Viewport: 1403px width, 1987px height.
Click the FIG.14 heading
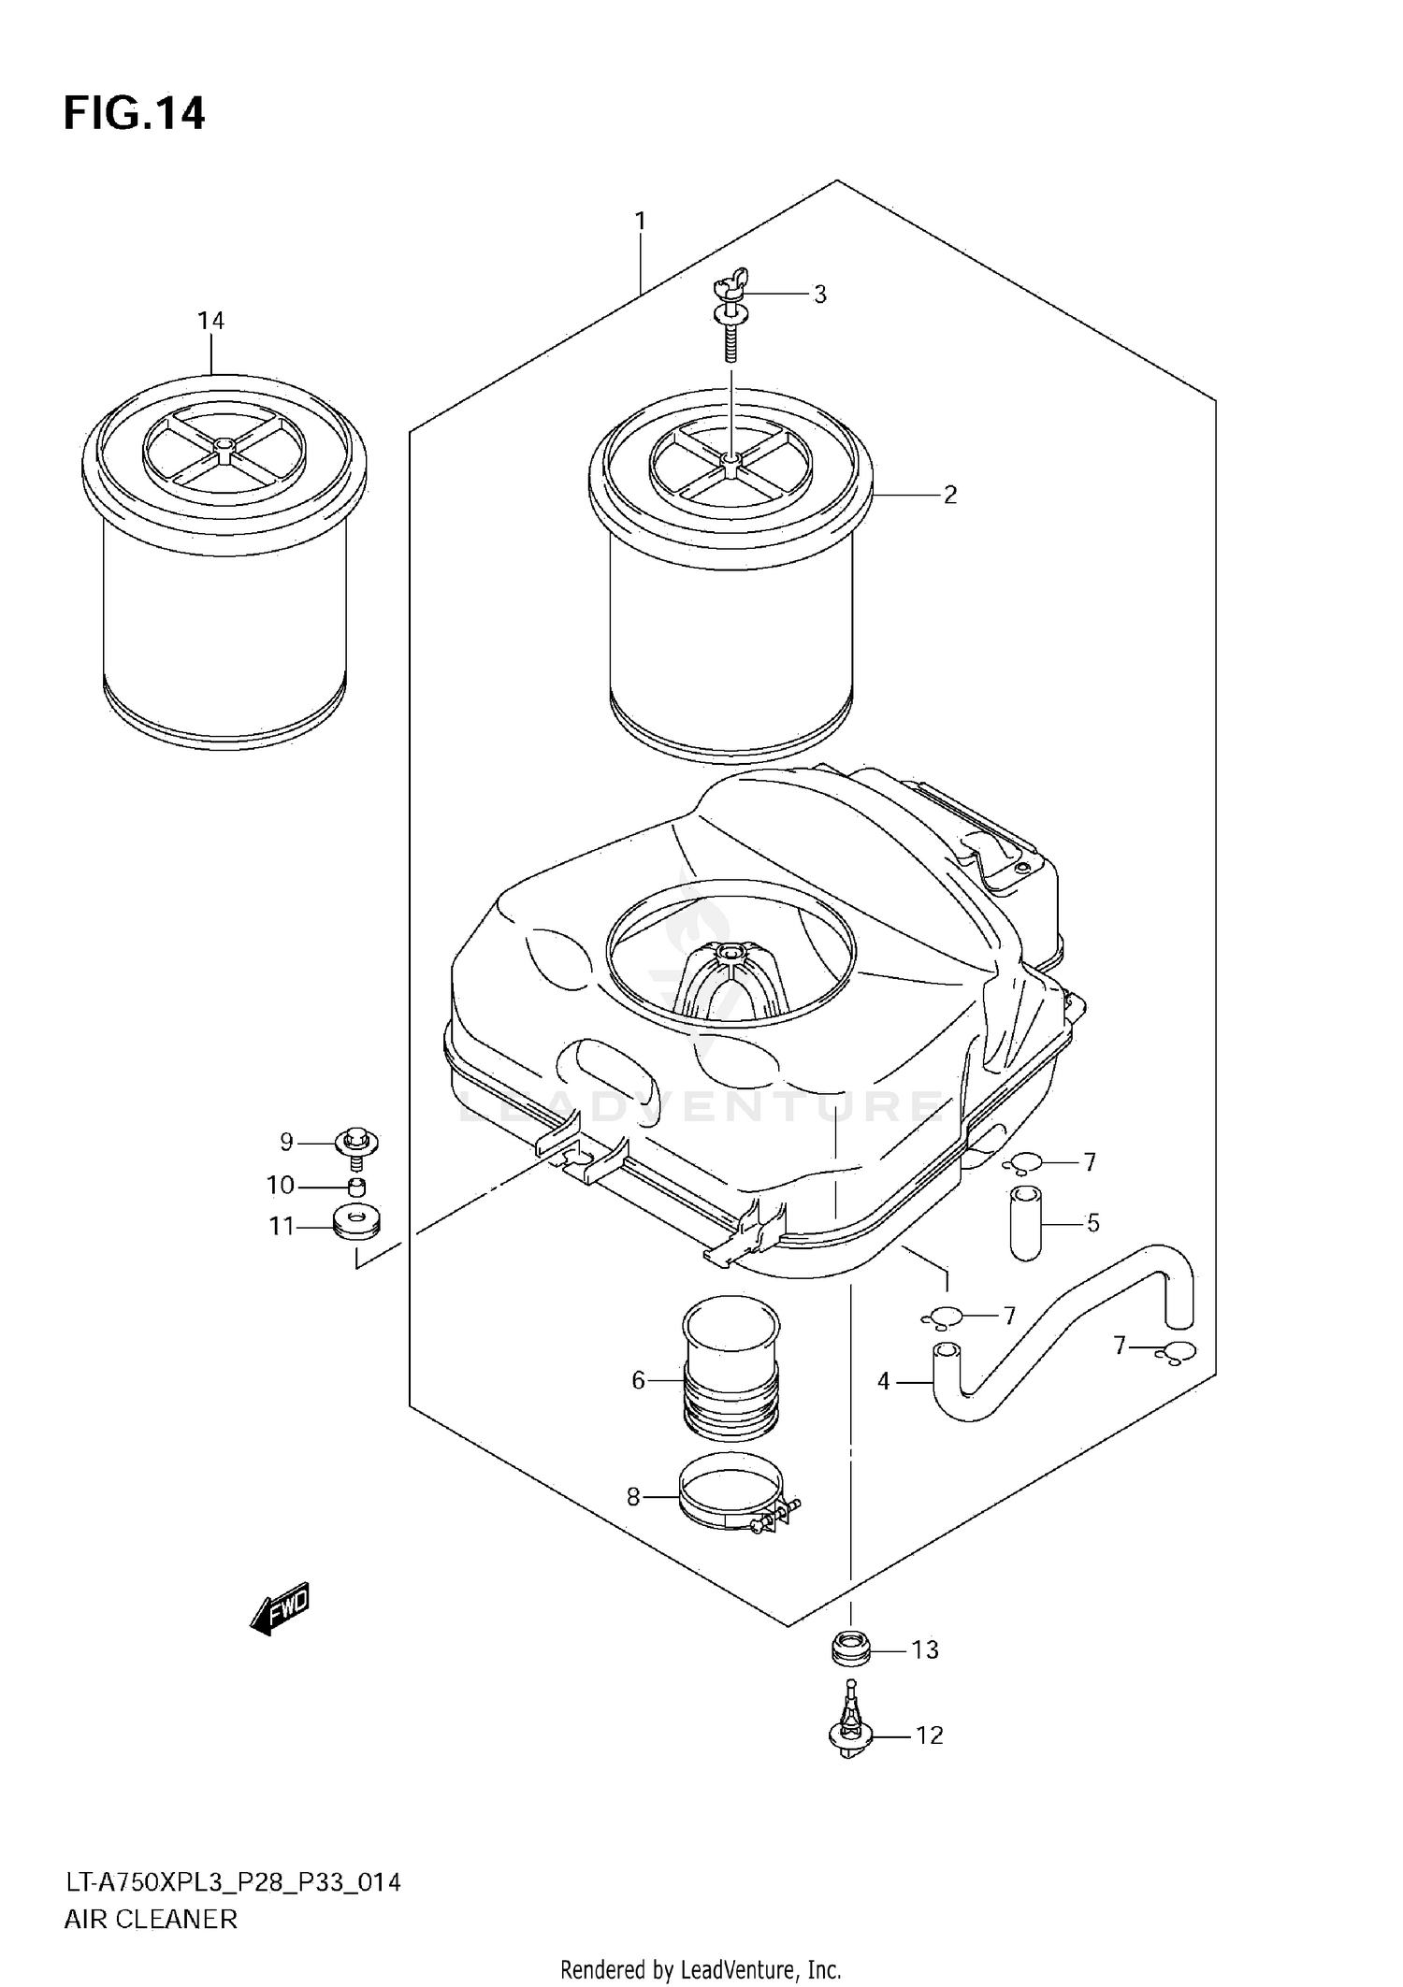(134, 113)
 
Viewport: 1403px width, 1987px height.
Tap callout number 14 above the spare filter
(210, 321)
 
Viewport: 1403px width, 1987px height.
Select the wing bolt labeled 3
(731, 318)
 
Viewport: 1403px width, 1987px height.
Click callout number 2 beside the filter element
(949, 495)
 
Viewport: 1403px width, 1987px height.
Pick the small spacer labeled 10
(355, 1188)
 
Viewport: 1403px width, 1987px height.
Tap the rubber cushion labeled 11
(356, 1224)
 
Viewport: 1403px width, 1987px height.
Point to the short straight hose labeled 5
(1025, 1222)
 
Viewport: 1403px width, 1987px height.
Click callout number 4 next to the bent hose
(884, 1380)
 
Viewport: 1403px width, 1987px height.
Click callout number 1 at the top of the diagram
(640, 221)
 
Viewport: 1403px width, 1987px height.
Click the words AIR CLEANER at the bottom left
(150, 1920)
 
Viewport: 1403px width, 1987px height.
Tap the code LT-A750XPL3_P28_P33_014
(232, 1882)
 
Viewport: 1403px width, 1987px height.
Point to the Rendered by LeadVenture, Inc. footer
(701, 1970)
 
